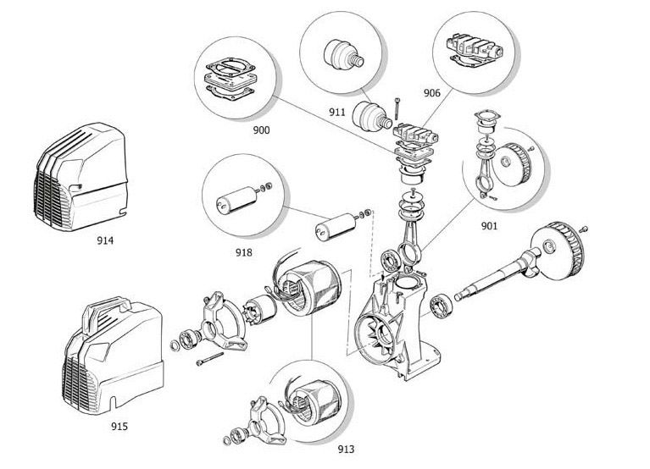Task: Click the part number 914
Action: click(x=105, y=240)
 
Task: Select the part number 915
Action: click(x=119, y=427)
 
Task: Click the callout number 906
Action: click(x=432, y=94)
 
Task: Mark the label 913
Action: click(x=346, y=449)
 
